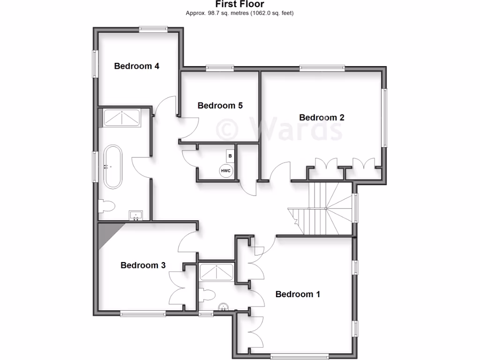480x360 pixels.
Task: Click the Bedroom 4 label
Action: point(136,66)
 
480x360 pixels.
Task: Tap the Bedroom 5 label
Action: point(220,105)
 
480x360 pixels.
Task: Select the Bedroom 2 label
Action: point(322,117)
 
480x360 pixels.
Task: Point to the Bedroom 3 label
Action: point(143,265)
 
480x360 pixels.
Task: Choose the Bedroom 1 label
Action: point(298,294)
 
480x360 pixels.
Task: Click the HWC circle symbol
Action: point(225,171)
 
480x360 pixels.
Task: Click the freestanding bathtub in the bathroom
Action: point(112,167)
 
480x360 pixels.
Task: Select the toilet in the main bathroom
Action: point(107,206)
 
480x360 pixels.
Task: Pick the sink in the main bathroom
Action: point(136,216)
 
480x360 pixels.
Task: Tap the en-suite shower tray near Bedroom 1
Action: point(217,271)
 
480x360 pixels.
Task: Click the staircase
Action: point(323,209)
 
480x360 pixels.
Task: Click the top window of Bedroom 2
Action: point(322,68)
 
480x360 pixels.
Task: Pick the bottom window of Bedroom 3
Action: point(143,314)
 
